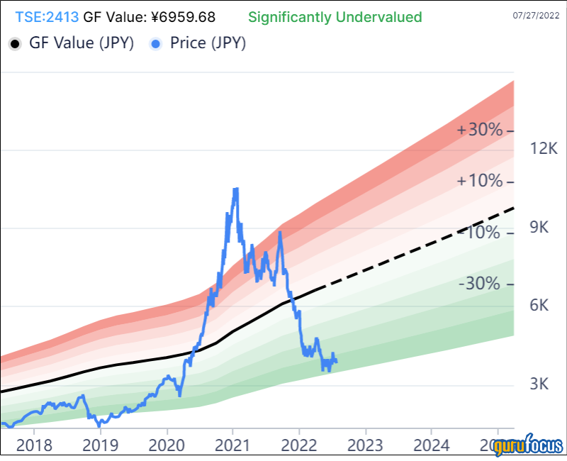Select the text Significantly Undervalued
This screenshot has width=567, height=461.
point(335,16)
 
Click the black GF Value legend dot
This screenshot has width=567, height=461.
point(14,44)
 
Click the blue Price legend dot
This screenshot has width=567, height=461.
point(156,44)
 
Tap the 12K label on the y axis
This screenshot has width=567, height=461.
point(544,149)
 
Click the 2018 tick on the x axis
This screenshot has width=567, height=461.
point(34,446)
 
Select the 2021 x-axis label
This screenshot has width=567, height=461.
point(233,446)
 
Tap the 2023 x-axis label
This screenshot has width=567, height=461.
point(366,446)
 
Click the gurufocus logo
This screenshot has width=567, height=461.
point(528,447)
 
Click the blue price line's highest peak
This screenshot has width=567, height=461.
point(235,189)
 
